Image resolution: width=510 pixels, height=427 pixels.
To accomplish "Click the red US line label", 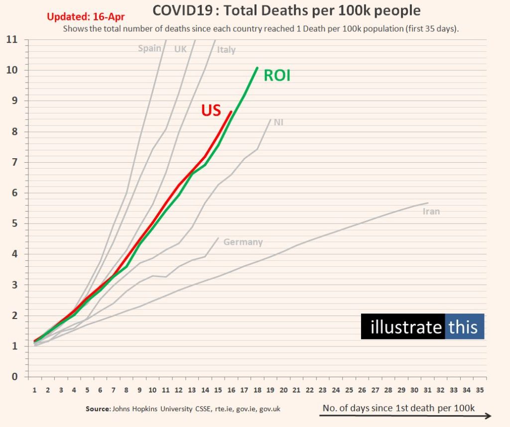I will pos(211,110).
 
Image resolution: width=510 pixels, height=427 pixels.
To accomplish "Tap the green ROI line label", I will pos(277,76).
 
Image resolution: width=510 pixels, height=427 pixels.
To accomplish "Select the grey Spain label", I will pos(149,48).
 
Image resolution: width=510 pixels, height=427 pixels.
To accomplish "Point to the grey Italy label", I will pos(226,50).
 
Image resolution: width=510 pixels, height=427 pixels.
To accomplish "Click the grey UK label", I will pos(180,49).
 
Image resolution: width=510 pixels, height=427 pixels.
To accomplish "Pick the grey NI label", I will pos(278,122).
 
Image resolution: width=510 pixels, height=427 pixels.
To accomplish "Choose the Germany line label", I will pos(243,242).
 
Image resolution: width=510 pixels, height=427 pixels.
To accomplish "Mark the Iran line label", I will pos(431,212).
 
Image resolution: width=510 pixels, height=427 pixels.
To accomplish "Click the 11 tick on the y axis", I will pos(12,39).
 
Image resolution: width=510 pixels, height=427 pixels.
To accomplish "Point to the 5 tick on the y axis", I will pos(14,223).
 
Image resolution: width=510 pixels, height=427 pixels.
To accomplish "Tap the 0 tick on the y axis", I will pos(14,377).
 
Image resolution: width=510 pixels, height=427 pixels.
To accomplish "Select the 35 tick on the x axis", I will pos(480,390).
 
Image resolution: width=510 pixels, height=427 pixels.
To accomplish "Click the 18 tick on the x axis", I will pos(257,390).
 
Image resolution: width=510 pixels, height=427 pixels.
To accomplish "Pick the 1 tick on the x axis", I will pos(35,390).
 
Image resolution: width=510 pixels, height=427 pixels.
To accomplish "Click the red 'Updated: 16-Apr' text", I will pos(86,16).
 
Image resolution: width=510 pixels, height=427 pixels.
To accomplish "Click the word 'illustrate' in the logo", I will pos(406,327).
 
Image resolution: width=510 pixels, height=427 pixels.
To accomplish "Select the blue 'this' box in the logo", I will pos(464,327).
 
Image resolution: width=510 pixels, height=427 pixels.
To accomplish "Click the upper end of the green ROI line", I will pos(257,68).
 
